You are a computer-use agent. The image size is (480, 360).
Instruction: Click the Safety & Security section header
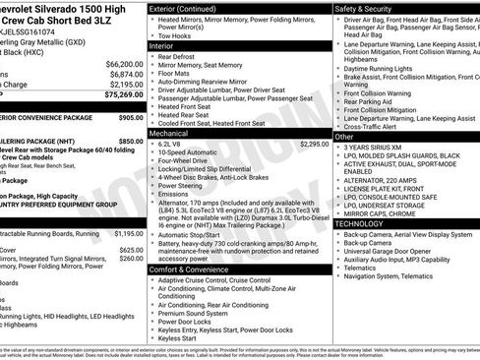(364, 8)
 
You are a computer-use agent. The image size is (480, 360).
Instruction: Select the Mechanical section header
(169, 132)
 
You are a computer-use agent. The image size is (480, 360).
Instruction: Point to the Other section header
(345, 137)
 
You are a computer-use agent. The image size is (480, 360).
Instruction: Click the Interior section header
(161, 45)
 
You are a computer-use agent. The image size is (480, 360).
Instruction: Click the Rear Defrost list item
(182, 56)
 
